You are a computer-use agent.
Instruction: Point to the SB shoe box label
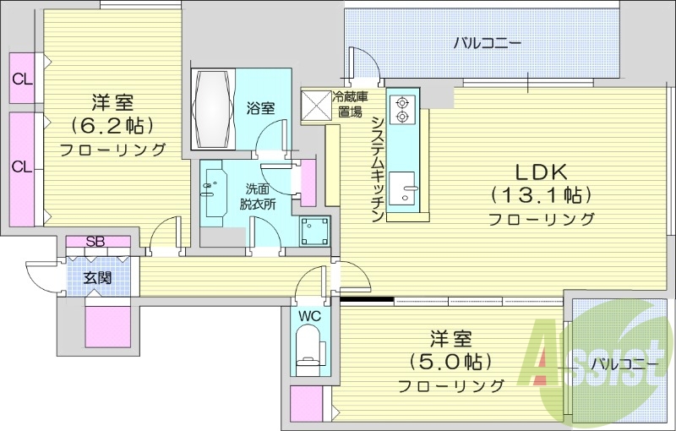[x=95, y=243]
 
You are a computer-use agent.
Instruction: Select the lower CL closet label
[x=22, y=166]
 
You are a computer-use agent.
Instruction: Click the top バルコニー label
[x=486, y=42]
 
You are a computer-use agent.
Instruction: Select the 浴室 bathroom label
[x=260, y=108]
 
